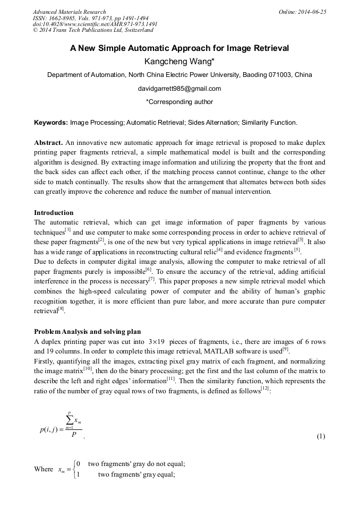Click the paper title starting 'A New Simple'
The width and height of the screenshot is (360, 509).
179,48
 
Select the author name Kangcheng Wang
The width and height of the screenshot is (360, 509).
179,62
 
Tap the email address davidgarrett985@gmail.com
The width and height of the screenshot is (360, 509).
179,89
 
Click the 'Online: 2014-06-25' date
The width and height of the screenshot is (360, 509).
302,12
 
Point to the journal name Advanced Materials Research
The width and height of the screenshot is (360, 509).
69,12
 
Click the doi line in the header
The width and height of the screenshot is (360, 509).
95,24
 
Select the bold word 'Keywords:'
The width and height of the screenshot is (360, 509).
51,123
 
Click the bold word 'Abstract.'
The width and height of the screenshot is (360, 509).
48,143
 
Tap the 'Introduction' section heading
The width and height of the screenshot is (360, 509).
54,213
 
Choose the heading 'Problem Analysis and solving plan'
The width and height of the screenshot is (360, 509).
87,332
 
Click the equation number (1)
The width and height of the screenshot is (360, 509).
321,436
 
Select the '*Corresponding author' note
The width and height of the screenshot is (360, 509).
179,102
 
